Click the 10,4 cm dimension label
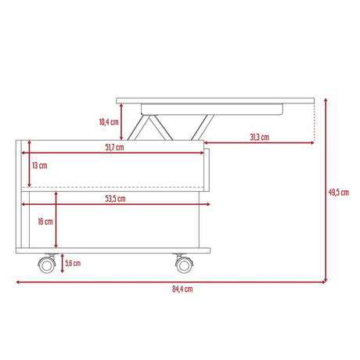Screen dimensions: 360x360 [109, 122]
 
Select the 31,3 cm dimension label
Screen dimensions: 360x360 [259, 138]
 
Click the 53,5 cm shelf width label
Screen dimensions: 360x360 [114, 199]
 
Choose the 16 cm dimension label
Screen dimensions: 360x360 [46, 221]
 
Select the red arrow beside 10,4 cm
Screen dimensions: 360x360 [123, 121]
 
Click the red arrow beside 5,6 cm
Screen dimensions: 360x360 [62, 264]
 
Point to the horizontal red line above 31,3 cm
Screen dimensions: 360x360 [262, 144]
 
